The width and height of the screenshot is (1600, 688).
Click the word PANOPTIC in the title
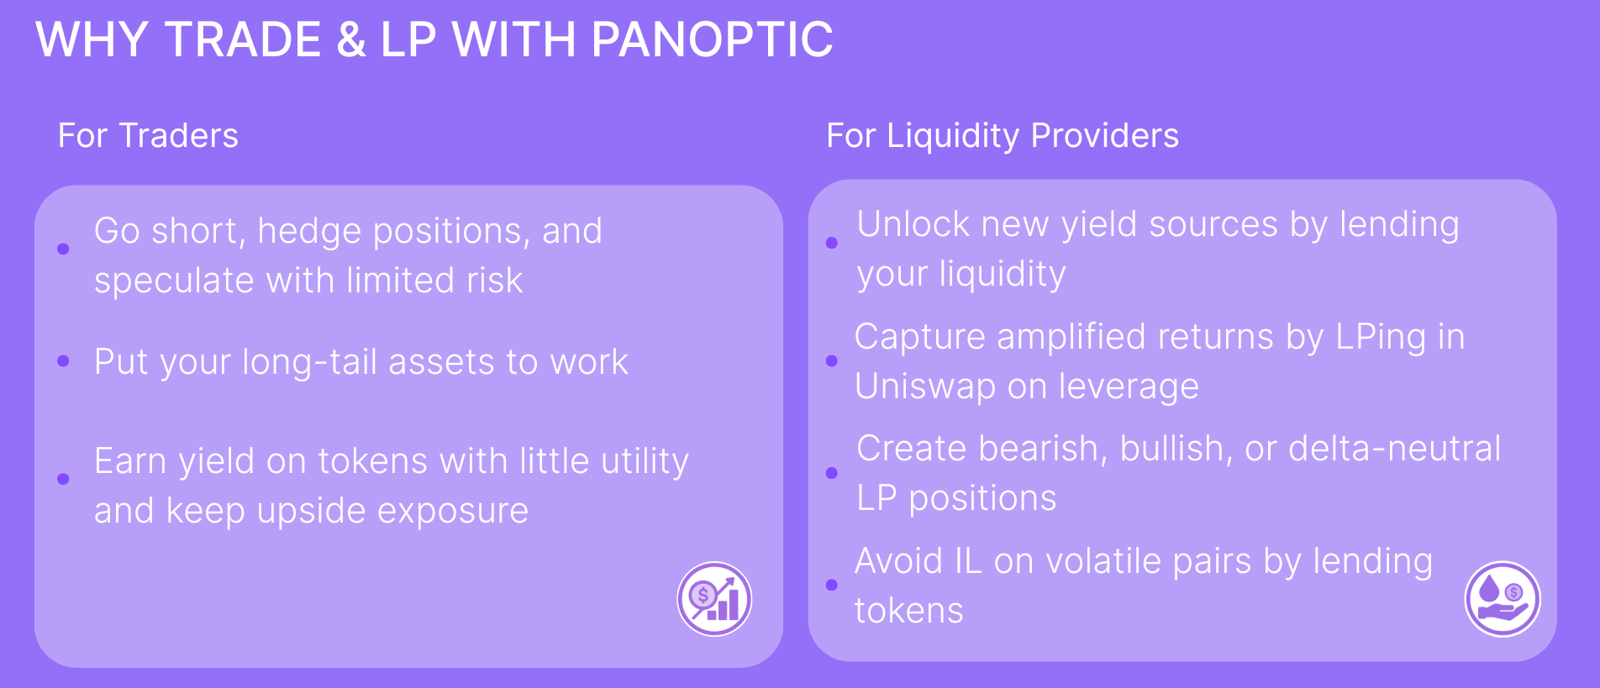712,39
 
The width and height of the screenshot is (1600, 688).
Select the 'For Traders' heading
148,135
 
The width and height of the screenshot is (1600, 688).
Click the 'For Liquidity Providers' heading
1003,136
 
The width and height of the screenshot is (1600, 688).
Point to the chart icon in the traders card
714,599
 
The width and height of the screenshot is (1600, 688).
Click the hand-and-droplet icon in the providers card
1503,599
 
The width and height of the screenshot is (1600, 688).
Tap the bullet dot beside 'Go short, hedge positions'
63,249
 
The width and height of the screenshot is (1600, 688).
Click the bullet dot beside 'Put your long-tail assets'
63,361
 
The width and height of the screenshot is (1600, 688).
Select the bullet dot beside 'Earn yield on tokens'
63,479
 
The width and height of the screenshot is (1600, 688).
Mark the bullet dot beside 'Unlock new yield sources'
832,243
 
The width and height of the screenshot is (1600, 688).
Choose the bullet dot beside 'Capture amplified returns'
832,361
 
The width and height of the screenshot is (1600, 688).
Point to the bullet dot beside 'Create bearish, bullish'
832,473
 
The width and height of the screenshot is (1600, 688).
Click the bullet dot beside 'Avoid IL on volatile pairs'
832,585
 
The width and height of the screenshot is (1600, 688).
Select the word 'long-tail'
310,363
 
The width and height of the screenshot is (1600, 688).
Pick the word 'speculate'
174,281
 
